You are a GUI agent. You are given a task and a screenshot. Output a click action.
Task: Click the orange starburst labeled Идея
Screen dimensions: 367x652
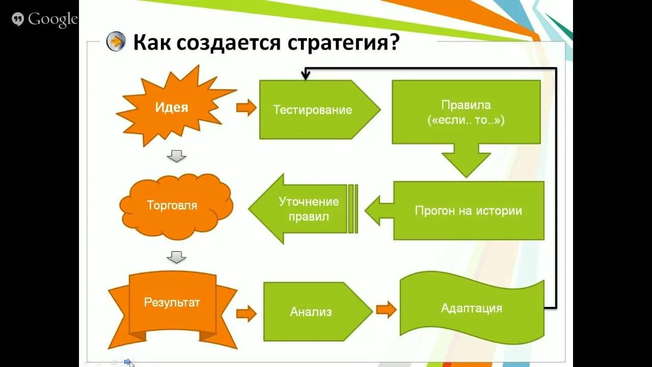click(x=172, y=108)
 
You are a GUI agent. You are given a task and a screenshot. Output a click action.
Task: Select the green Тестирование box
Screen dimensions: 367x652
click(x=313, y=110)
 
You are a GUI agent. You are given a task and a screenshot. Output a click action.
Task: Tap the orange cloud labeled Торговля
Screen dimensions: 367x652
click(x=172, y=206)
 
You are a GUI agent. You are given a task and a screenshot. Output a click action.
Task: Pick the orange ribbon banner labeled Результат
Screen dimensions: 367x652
click(x=172, y=302)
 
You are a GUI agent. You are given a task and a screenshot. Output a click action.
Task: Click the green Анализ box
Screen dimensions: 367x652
click(x=311, y=312)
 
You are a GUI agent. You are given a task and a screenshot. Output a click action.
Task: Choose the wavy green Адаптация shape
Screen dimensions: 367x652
click(x=471, y=308)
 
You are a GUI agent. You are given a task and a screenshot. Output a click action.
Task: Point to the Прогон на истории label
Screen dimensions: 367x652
click(x=468, y=211)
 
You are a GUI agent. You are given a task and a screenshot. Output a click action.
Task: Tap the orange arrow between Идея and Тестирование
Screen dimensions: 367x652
click(x=247, y=108)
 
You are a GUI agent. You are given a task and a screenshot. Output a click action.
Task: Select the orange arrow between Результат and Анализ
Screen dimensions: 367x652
click(x=247, y=313)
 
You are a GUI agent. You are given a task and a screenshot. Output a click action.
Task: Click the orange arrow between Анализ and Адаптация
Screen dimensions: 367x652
click(x=386, y=309)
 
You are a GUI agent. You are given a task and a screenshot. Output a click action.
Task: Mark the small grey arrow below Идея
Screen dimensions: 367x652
click(x=176, y=156)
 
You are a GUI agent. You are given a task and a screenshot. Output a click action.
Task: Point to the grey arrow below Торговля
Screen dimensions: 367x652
click(x=176, y=257)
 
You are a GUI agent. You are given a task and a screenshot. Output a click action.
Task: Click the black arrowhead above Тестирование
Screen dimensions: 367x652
click(x=306, y=76)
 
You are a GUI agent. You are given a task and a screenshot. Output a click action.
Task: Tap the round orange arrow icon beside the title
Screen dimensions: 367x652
click(x=116, y=42)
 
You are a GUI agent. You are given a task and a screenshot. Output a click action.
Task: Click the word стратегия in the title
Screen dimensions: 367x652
click(x=343, y=43)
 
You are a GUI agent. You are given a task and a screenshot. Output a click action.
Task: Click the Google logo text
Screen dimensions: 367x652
click(x=52, y=20)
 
